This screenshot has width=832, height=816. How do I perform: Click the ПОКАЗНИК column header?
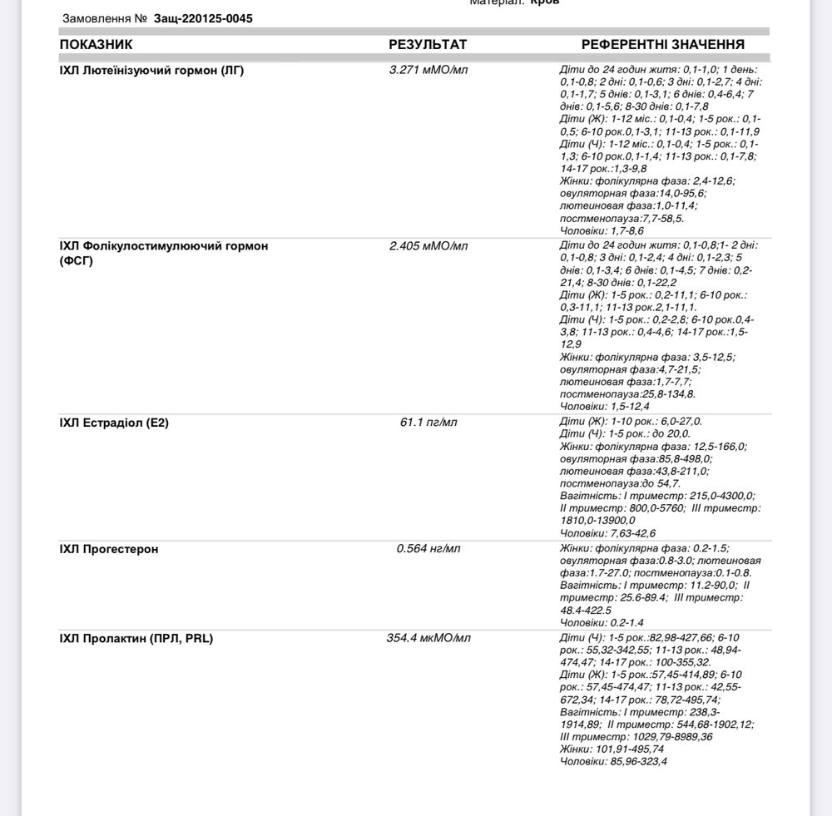96,45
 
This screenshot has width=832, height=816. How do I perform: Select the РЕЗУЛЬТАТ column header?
428,45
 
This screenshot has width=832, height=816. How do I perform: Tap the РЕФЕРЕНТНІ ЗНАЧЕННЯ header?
662,45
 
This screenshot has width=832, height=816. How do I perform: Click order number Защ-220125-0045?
203,18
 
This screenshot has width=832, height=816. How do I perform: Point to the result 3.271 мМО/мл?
428,70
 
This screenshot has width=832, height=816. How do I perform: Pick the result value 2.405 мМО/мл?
428,246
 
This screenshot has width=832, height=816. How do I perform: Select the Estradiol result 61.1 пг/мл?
428,423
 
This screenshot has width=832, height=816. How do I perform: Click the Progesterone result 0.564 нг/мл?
428,549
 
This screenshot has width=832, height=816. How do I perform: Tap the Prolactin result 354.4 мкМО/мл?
428,639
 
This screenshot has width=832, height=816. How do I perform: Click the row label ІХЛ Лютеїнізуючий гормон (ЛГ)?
151,70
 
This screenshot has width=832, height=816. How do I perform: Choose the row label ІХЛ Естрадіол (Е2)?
114,423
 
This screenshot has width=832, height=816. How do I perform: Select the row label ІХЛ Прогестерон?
109,549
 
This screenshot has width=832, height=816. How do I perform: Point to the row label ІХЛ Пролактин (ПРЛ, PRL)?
136,639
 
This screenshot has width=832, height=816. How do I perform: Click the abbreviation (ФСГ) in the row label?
77,260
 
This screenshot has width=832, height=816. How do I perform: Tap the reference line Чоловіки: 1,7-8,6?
602,230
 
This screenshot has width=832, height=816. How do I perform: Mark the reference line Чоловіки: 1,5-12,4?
604,407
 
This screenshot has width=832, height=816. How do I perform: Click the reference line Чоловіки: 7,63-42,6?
607,533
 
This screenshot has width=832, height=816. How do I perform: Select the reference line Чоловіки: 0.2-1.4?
602,623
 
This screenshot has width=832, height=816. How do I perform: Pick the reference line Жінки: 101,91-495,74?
612,749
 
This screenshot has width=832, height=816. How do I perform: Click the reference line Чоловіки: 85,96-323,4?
613,761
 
